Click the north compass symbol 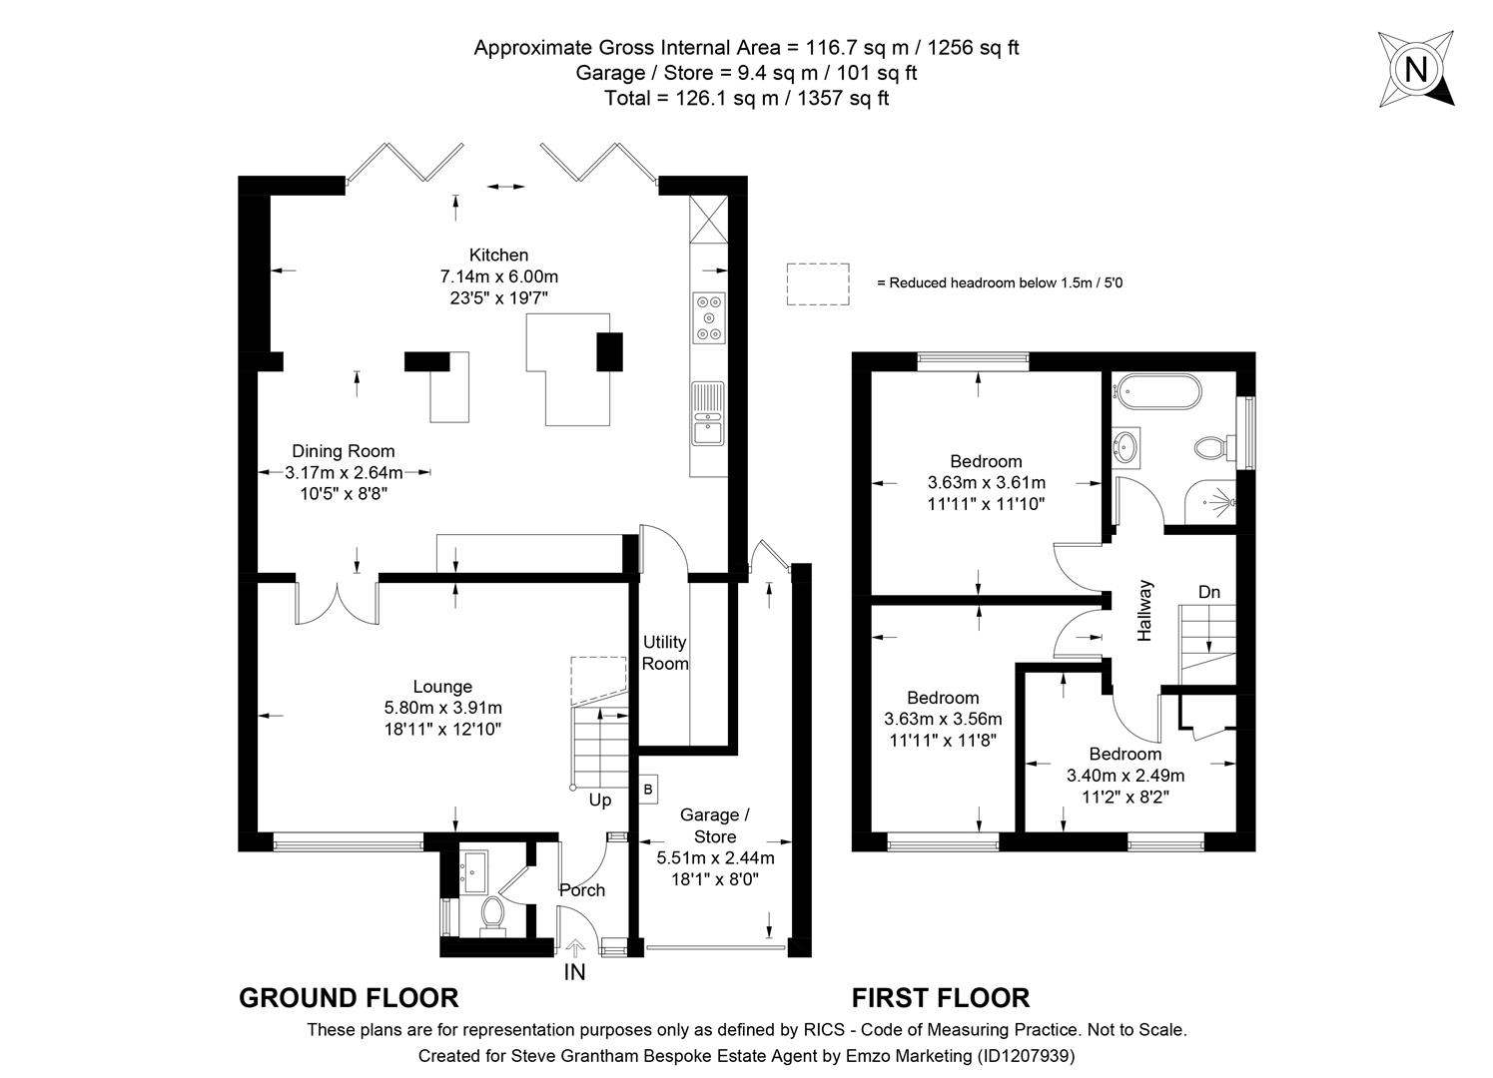coord(1415,69)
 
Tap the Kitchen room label coord(498,255)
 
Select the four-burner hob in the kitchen coord(709,317)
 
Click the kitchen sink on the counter coord(708,414)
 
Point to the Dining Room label coord(343,451)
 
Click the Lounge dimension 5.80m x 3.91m coord(442,708)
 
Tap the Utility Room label coord(664,653)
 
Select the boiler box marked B coord(648,790)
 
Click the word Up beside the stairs coord(599,801)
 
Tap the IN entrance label coord(574,971)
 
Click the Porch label coord(581,890)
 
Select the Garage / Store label coord(714,826)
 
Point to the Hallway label coord(1144,610)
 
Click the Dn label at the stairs coord(1208,592)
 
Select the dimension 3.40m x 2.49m coord(1125,776)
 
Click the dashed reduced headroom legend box coord(817,284)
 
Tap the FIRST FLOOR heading coord(940,997)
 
